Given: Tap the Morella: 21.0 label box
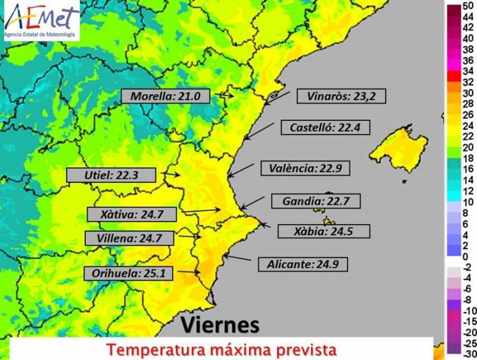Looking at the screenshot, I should click(x=165, y=96).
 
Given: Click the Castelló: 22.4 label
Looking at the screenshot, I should click(x=325, y=128).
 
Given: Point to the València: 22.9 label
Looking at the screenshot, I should click(x=305, y=168).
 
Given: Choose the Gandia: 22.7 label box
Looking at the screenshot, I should click(x=316, y=201).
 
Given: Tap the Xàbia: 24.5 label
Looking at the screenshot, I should click(x=324, y=231).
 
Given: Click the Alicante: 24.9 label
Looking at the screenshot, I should click(x=302, y=264).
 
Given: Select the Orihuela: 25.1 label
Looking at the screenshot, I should click(x=128, y=273).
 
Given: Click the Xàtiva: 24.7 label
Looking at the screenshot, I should click(x=132, y=215).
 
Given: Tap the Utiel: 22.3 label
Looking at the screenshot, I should click(x=111, y=175).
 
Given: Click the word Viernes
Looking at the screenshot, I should click(x=220, y=325).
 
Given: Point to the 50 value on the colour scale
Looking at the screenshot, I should click(x=468, y=6).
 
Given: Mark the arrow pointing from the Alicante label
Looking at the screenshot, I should click(x=237, y=258).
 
